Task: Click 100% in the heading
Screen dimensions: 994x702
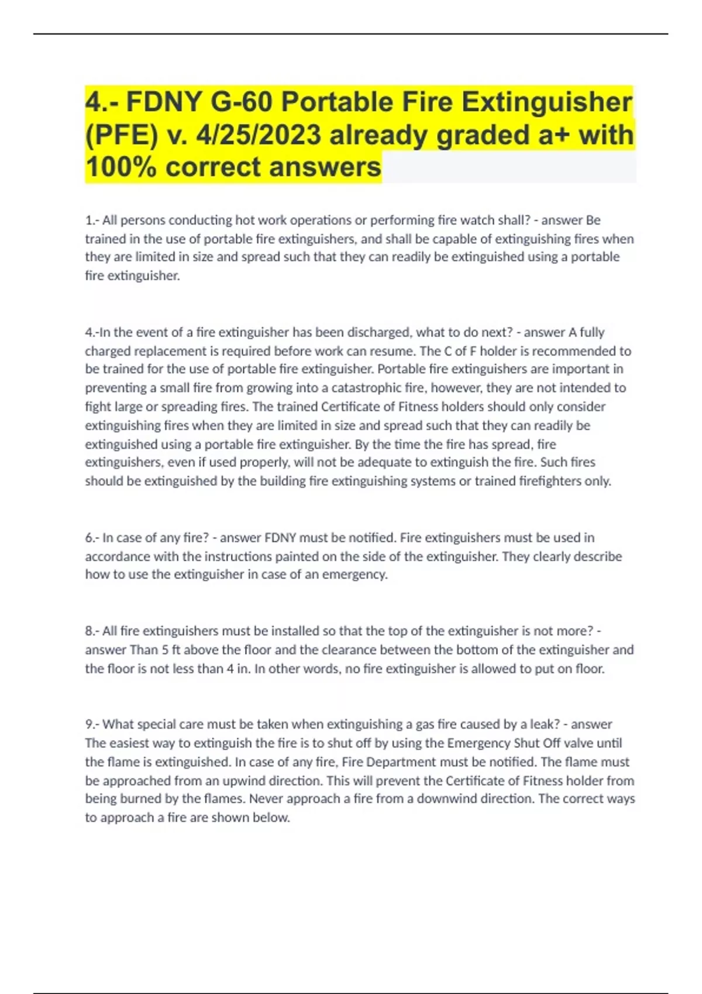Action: [121, 167]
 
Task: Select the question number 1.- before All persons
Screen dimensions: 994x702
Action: [92, 220]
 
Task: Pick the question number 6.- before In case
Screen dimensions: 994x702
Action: [92, 538]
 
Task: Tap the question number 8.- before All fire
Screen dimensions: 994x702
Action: [92, 631]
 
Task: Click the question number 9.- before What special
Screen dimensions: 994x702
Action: [92, 724]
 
